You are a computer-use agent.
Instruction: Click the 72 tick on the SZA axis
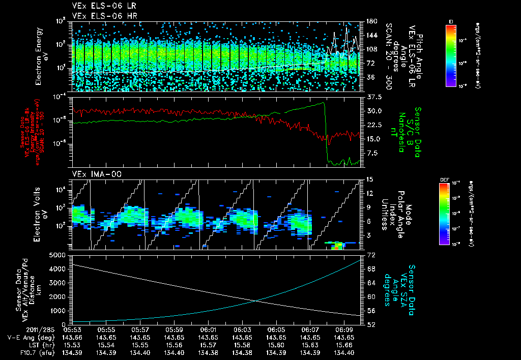369,254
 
